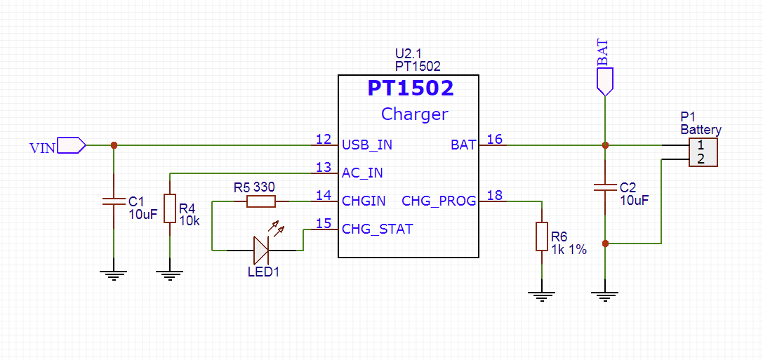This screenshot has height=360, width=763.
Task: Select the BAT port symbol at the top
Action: coord(605,81)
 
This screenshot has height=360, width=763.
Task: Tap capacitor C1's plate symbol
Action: coord(114,201)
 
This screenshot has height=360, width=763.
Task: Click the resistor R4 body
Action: coord(170,208)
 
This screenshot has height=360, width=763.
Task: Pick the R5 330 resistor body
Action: coord(261,201)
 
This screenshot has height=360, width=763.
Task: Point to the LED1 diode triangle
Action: coord(261,249)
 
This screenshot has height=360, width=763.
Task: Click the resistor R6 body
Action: coord(542,236)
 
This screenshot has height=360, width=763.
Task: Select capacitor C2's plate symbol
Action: coord(605,187)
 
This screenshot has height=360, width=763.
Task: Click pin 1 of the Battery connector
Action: coord(701,145)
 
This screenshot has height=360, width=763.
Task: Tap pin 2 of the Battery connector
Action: coord(701,159)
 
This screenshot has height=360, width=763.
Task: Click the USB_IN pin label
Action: coord(367,145)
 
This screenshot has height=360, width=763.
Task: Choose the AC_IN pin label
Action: coord(362,173)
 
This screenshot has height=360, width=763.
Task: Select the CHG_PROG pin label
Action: coord(439,201)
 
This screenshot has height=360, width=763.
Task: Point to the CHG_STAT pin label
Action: coord(377,229)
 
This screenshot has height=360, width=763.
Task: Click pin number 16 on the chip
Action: coord(495,139)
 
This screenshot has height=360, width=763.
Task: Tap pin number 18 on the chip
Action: coord(495,195)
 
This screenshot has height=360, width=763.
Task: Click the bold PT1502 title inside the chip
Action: coord(411,88)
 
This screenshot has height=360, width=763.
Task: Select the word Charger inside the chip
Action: coord(414,114)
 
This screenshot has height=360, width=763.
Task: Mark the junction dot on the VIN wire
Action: coord(114,145)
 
